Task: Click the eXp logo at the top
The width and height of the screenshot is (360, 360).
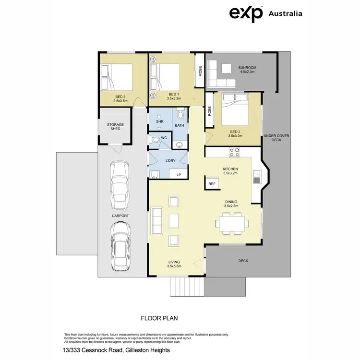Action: [x=246, y=13]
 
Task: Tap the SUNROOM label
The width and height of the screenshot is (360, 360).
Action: [x=248, y=67]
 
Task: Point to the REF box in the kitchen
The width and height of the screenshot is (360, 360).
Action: [x=212, y=184]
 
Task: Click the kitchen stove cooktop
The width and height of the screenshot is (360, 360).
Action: [x=235, y=152]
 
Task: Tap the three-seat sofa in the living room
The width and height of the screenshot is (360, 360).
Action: [x=156, y=220]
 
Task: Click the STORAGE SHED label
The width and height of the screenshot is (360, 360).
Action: [x=115, y=127]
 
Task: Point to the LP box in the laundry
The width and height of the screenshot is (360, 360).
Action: [x=179, y=175]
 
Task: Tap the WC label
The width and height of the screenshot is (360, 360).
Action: [x=164, y=138]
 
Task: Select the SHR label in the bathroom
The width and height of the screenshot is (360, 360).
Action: [x=159, y=122]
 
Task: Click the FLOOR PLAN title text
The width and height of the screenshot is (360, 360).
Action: [x=159, y=318]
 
